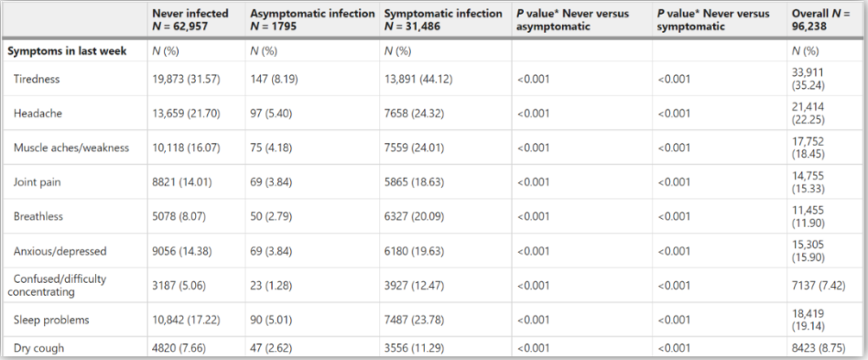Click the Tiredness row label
[x=36, y=79]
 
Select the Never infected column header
[x=190, y=19]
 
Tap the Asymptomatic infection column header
[x=312, y=19]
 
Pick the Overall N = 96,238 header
[x=820, y=19]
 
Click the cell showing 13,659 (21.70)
[x=186, y=114]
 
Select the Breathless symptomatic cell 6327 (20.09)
[x=414, y=216]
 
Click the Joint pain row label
[x=38, y=182]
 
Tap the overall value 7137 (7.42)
[x=819, y=285]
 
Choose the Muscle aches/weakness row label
[x=71, y=147]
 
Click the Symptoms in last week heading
[x=67, y=51]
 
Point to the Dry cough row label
[x=38, y=348]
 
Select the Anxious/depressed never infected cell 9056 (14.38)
[x=182, y=251]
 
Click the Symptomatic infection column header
[x=443, y=19]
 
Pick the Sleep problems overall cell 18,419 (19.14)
[x=808, y=320]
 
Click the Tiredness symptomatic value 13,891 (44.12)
[x=418, y=79]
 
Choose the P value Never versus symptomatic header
[x=713, y=19]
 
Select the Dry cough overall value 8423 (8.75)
[x=819, y=348]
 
